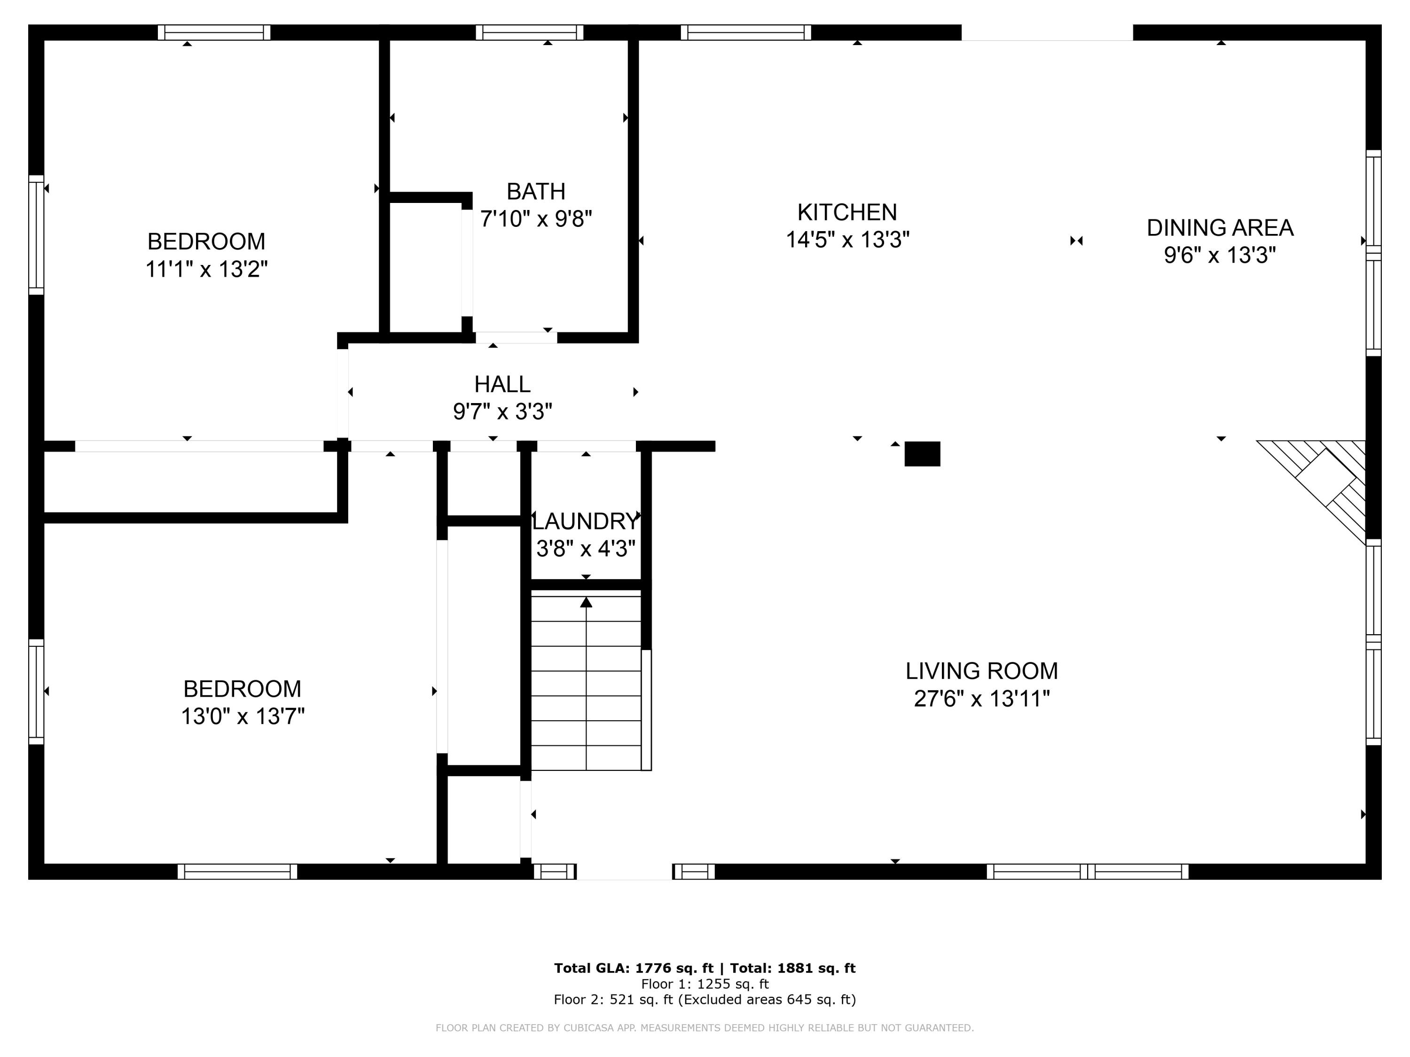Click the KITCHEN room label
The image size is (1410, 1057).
click(x=846, y=212)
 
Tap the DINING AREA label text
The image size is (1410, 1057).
click(x=1219, y=227)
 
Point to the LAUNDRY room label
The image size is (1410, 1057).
click(x=585, y=521)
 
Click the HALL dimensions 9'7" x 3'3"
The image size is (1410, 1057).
click(x=502, y=412)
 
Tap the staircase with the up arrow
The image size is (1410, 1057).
click(x=586, y=682)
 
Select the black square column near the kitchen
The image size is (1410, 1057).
click(x=922, y=454)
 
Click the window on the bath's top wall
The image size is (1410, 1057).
click(x=529, y=32)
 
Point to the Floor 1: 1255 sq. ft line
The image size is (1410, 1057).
click(x=705, y=984)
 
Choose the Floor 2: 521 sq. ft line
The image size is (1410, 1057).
click(x=705, y=1000)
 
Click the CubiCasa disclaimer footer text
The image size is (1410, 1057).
click(x=705, y=1028)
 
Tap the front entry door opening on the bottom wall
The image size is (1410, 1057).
click(x=624, y=871)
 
